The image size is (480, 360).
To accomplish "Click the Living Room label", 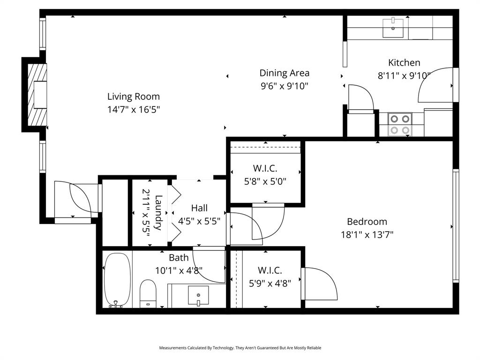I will (x=134, y=97).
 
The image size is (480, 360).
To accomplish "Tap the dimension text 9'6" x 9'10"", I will (x=285, y=86).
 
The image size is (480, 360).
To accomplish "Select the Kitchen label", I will (x=404, y=62).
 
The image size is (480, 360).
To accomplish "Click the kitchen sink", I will (x=393, y=28).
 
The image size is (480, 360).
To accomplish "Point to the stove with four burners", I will (x=400, y=124).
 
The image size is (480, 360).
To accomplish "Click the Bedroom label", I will (x=367, y=222).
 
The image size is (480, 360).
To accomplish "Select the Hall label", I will (x=199, y=208).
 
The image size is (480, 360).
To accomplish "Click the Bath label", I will (x=179, y=257).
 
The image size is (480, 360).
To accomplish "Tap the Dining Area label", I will (x=285, y=73).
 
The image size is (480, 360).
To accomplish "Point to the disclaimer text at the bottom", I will (x=240, y=348).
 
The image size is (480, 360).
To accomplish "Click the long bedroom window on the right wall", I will (x=455, y=225).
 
